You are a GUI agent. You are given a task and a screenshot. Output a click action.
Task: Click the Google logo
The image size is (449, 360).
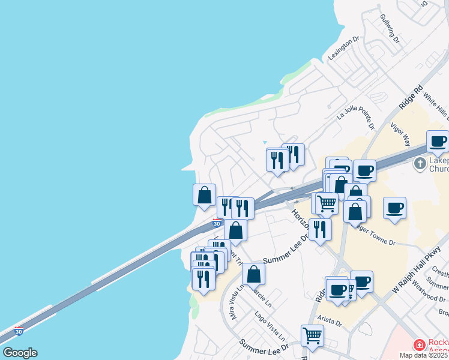tap(20, 353)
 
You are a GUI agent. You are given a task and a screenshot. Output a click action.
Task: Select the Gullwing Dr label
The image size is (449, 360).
tap(390, 28)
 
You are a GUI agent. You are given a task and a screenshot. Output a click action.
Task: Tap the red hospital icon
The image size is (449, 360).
tap(419, 345)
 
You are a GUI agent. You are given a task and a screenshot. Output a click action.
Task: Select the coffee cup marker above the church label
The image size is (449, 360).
tap(438, 141)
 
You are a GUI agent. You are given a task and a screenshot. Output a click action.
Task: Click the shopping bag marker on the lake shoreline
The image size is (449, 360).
tap(204, 194)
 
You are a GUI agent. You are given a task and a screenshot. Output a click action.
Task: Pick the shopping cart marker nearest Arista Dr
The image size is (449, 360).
tap(312, 335)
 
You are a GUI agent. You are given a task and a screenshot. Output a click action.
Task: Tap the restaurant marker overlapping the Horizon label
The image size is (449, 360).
tap(320, 229)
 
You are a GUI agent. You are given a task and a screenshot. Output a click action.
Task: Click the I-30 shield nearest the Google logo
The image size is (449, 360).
tap(19, 331)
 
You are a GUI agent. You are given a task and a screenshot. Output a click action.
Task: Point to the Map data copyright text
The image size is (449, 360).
tap(424, 355)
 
